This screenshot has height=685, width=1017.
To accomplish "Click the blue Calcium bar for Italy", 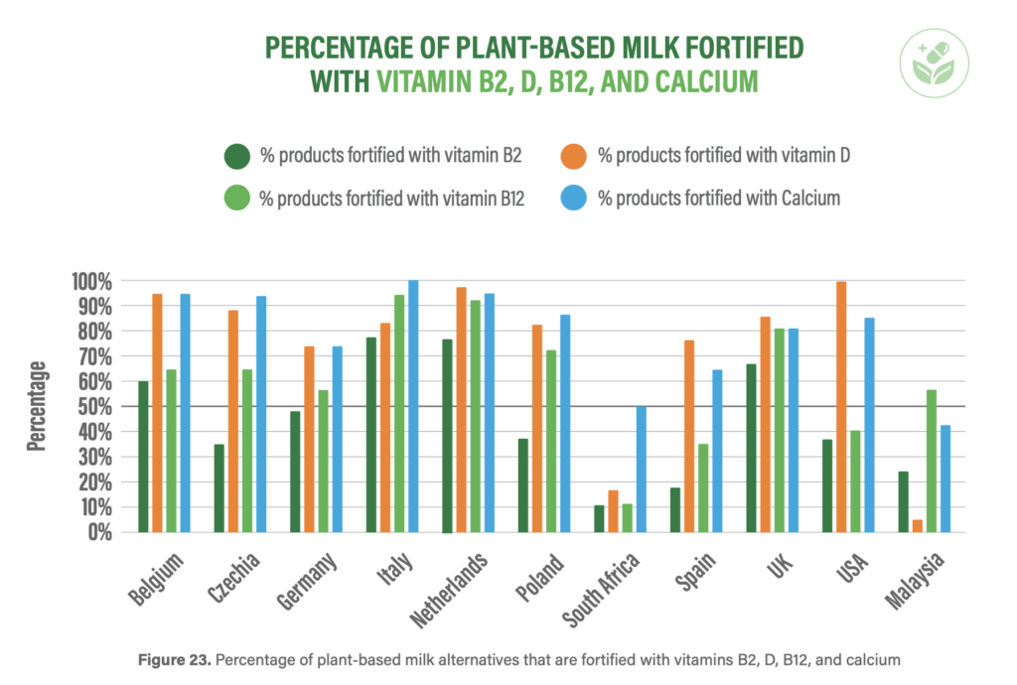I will (x=413, y=407).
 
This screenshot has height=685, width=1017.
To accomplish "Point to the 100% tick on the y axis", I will (x=89, y=281).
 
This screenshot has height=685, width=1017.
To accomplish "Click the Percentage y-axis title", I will (x=38, y=406).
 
